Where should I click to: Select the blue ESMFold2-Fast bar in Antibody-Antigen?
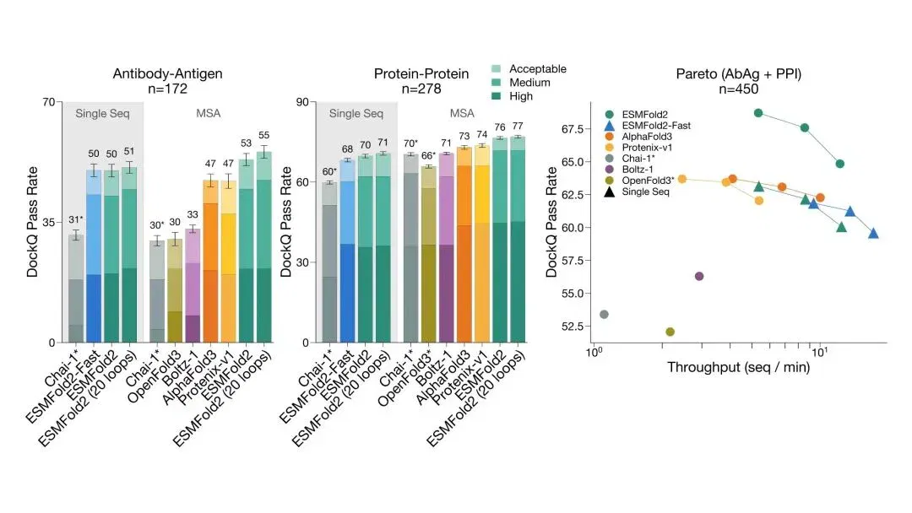[94, 256]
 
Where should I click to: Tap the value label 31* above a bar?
[76, 219]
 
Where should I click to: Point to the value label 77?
[517, 126]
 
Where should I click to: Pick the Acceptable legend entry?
[529, 68]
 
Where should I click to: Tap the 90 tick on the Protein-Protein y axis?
[302, 102]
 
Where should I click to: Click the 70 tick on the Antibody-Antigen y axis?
[49, 102]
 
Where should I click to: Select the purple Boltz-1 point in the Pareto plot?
[699, 276]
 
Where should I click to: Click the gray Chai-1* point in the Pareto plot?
[604, 315]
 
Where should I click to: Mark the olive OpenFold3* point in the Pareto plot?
[670, 332]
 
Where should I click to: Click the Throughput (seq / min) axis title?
[738, 367]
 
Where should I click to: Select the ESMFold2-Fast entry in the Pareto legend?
[648, 126]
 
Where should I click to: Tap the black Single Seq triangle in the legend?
[609, 192]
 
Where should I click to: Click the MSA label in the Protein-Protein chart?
[462, 113]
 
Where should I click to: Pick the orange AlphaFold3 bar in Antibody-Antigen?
[210, 261]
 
